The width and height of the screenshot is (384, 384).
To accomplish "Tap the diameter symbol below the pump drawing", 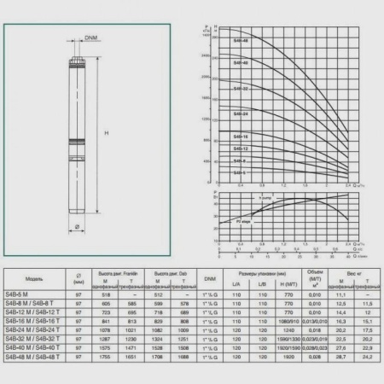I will click(x=78, y=226).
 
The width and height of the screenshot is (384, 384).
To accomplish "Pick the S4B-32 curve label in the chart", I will click(x=242, y=88).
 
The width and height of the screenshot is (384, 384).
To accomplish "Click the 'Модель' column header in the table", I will click(x=36, y=278).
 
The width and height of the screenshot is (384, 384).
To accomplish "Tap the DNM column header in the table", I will click(x=210, y=278).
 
